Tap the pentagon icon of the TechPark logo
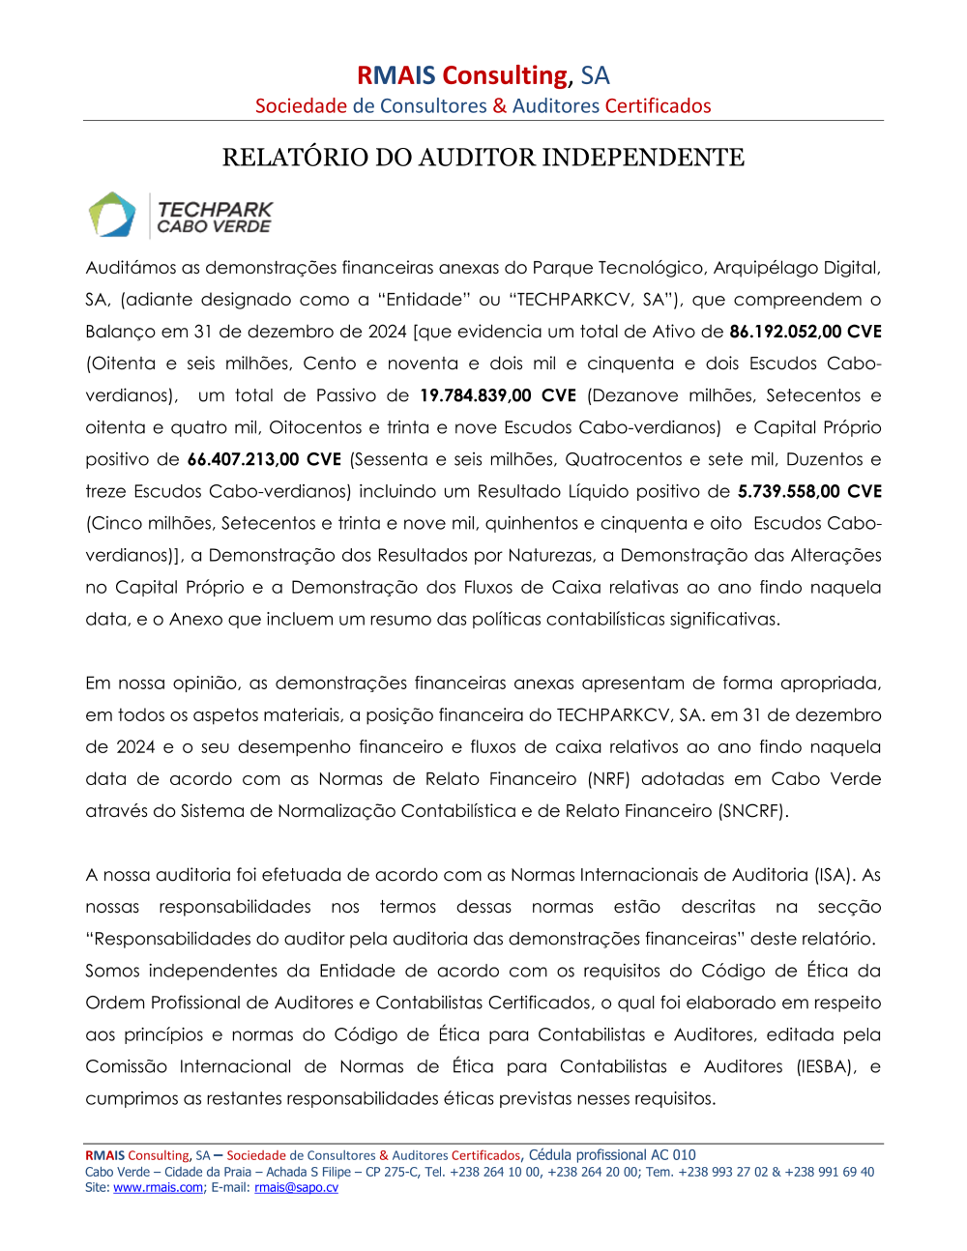click(112, 215)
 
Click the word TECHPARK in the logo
click(215, 209)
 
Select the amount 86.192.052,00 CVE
click(805, 332)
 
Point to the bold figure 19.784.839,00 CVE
click(498, 395)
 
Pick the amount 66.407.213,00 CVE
click(264, 459)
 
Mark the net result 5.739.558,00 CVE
click(809, 491)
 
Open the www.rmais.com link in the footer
click(158, 1188)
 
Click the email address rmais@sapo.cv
click(296, 1188)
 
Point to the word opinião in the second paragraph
click(206, 684)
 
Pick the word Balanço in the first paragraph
click(120, 332)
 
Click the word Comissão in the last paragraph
click(126, 1066)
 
